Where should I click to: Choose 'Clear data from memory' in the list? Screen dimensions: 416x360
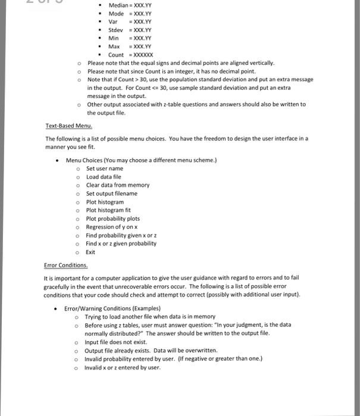click(118, 185)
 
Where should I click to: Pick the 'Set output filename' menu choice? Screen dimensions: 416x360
click(112, 193)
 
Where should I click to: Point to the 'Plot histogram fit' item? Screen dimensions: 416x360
click(108, 210)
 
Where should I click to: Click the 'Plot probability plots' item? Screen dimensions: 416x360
click(113, 218)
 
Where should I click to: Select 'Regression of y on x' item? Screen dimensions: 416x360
click(112, 226)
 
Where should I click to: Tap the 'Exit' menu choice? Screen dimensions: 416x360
click(90, 251)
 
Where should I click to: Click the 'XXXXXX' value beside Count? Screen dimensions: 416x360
click(149, 54)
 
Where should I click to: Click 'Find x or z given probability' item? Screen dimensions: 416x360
click(121, 243)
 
